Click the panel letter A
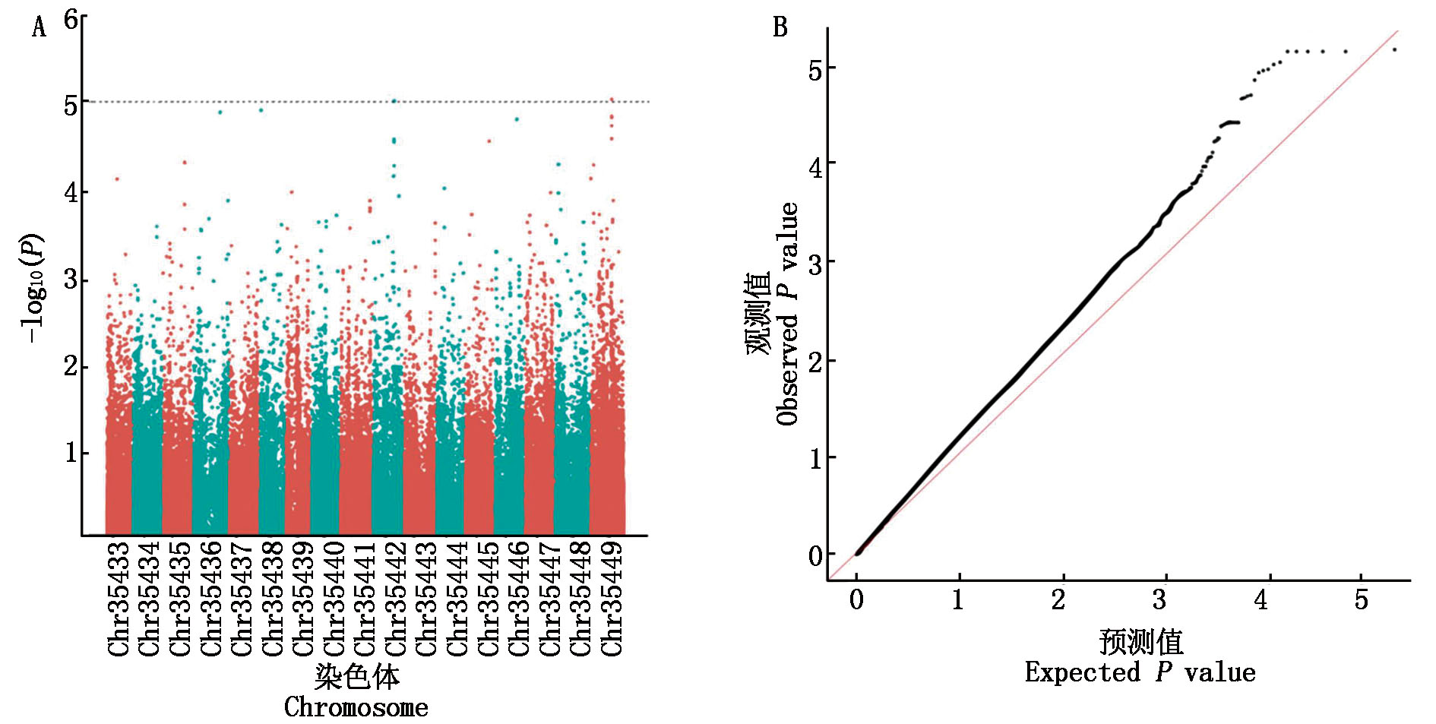click(39, 28)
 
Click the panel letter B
click(780, 27)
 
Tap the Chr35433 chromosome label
click(119, 599)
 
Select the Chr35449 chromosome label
click(612, 599)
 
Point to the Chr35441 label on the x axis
click(365, 599)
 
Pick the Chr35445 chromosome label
click(489, 599)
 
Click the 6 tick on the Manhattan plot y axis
click(71, 19)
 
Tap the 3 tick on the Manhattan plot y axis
click(71, 280)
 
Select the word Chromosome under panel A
click(356, 707)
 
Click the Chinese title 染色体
click(356, 675)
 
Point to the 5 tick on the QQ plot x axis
click(1361, 600)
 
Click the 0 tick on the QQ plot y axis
click(815, 556)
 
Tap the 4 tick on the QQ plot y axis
click(815, 166)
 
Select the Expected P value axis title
click(1140, 672)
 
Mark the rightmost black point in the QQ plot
click(1395, 50)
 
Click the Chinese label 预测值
click(1140, 642)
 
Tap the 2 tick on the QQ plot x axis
click(1058, 600)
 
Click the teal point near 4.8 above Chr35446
click(517, 119)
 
